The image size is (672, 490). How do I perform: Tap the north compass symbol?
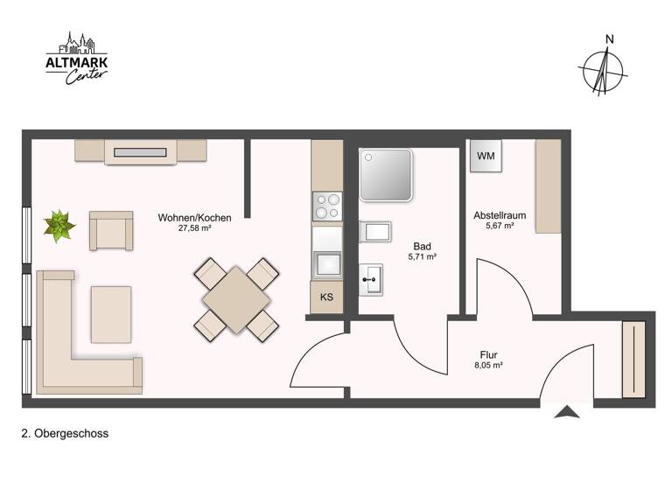point(602,67)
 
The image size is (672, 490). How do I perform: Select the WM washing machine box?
point(486,157)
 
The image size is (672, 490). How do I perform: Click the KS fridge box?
point(326,297)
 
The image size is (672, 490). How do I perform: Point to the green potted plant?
point(60,226)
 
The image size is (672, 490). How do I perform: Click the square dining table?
point(235,298)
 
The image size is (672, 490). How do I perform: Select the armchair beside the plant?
point(111,231)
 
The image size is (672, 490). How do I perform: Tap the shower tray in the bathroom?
point(386,175)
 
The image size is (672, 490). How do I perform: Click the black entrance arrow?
point(567,411)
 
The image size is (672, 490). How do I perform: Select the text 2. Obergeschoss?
point(65,433)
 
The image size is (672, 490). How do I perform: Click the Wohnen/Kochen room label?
point(194,217)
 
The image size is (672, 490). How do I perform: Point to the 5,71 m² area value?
point(422,258)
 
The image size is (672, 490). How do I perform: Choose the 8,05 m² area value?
point(487,367)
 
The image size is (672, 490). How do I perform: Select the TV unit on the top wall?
point(140,152)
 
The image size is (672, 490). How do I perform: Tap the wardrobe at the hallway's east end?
point(633,359)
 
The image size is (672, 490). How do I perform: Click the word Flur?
point(488,354)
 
